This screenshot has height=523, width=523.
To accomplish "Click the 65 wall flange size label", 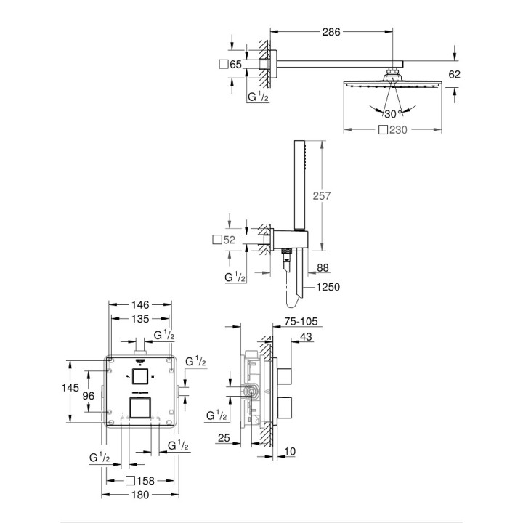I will (235, 65).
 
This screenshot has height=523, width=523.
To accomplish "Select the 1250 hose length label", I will (328, 286).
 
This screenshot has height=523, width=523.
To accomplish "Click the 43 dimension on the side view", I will (306, 336).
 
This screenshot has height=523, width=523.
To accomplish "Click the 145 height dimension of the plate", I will (70, 388).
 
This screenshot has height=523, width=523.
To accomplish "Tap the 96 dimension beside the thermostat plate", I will (88, 396).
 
